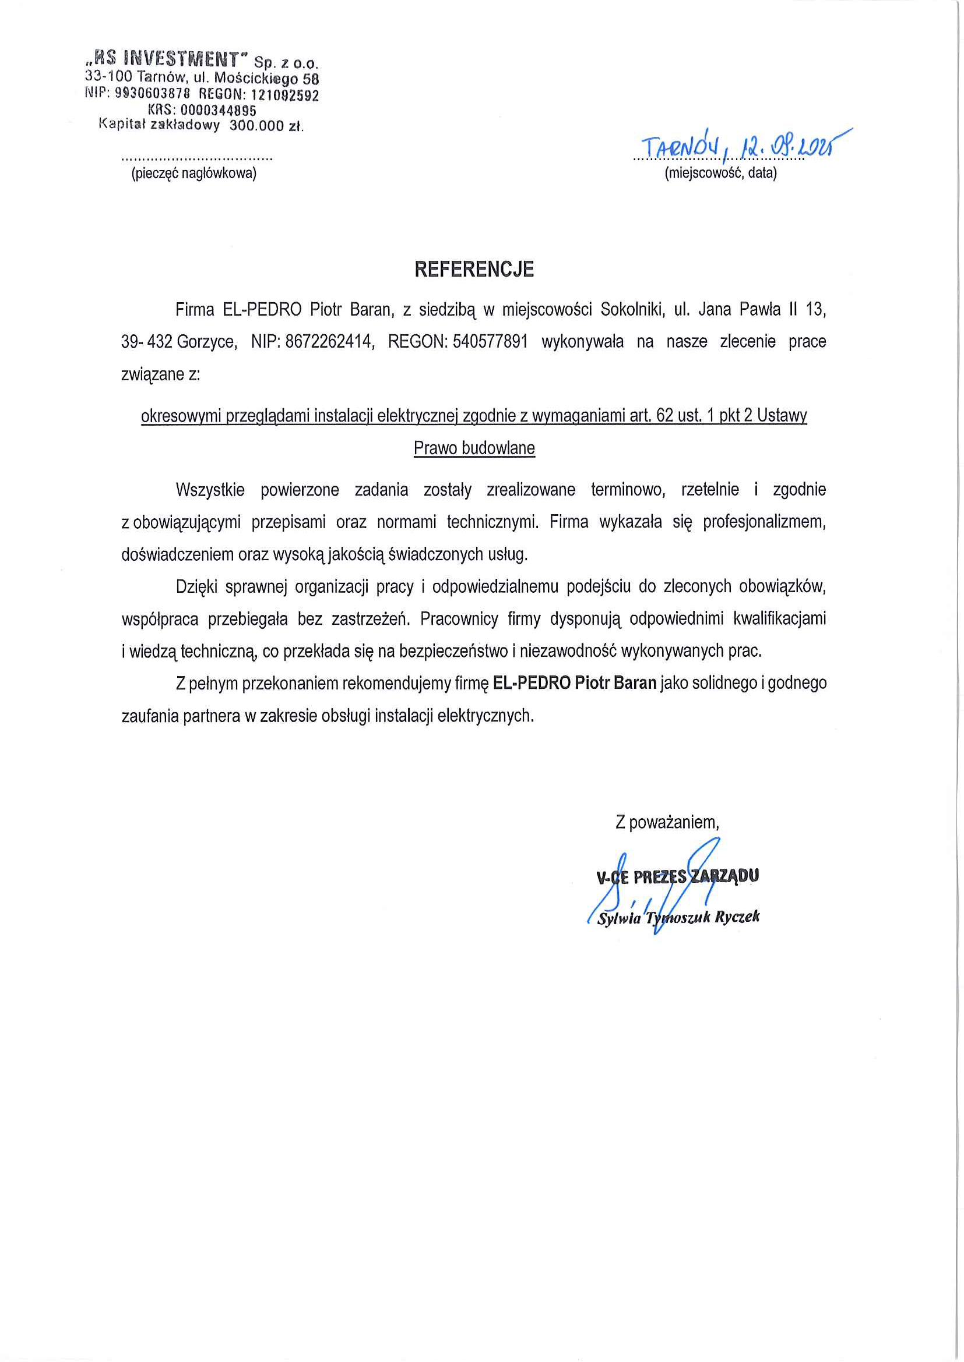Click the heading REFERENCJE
[x=474, y=270]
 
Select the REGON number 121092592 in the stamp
[x=284, y=95]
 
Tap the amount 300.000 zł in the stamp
[x=266, y=126]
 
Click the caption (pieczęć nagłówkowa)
[x=194, y=173]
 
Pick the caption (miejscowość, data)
[x=720, y=173]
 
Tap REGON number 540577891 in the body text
[x=490, y=342]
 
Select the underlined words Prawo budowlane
[x=474, y=448]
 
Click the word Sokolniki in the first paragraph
[x=631, y=310]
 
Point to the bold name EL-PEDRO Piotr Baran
[x=574, y=684]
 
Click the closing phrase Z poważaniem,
[x=667, y=822]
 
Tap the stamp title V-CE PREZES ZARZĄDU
[x=677, y=876]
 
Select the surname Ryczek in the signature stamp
[x=737, y=917]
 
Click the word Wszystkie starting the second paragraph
[x=210, y=490]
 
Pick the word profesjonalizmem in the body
[x=764, y=522]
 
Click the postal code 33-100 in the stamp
[x=109, y=76]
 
